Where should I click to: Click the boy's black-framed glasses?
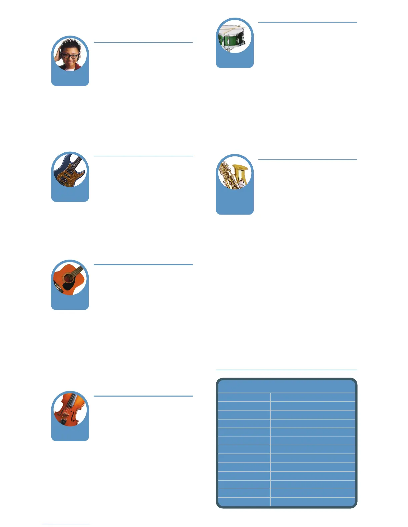(x=70, y=56)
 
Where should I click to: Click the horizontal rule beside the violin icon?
(x=143, y=396)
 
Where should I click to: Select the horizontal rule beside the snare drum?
(x=307, y=22)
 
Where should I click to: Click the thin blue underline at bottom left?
(x=66, y=524)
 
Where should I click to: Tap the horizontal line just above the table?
(x=286, y=370)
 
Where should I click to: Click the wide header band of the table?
(x=286, y=386)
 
